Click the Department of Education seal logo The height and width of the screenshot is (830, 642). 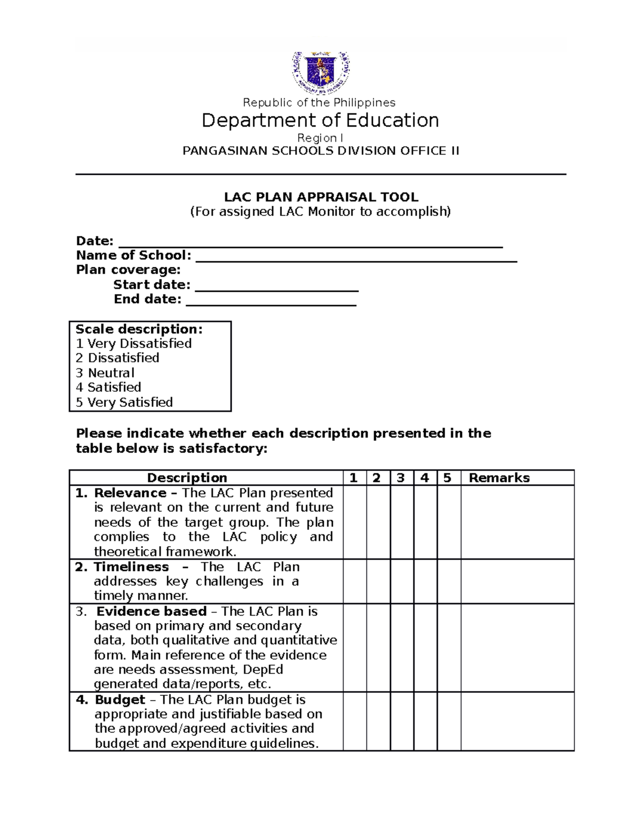coord(320,72)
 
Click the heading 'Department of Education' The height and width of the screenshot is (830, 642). coord(320,121)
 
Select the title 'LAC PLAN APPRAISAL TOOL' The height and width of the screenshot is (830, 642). coord(320,197)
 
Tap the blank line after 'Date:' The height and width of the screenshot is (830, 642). coord(310,244)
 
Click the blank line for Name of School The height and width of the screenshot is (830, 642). coord(356,259)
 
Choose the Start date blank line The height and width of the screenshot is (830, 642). coord(277,288)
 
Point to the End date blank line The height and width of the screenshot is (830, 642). coord(271,302)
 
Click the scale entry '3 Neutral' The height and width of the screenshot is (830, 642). coord(105,373)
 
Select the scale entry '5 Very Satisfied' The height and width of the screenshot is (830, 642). coord(124,402)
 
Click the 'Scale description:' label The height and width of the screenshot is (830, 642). coord(139,329)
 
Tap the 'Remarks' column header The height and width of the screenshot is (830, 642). coord(499,478)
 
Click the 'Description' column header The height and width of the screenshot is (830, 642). coord(187,478)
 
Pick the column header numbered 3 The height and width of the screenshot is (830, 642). coord(401,478)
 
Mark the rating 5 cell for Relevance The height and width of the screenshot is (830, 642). coord(448,522)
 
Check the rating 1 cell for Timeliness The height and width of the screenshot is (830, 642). coord(355,581)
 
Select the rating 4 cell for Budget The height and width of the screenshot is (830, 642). coord(425,722)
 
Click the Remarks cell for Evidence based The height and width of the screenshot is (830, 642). coord(517,648)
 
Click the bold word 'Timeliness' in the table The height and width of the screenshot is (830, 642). coord(131,567)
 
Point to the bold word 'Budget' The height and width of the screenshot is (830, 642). coord(120,700)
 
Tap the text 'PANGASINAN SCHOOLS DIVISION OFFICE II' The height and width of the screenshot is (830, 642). coord(320,151)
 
